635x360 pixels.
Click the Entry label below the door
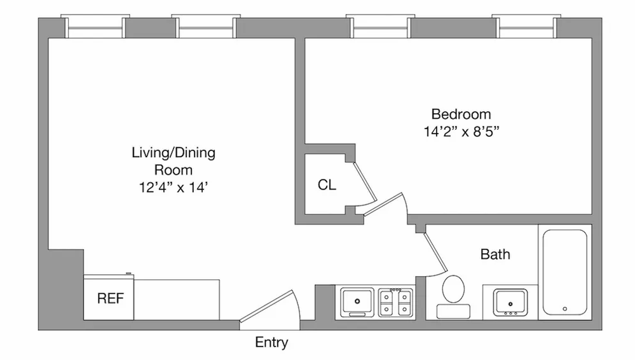[271, 343]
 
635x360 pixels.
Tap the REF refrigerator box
[109, 298]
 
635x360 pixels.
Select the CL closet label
[327, 185]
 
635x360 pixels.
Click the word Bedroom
[461, 114]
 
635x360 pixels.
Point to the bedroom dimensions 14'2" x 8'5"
[461, 133]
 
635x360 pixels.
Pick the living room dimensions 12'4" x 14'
[174, 188]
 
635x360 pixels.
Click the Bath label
[495, 254]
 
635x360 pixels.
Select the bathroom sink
[510, 301]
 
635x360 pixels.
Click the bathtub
[564, 272]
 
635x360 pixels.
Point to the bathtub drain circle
[564, 309]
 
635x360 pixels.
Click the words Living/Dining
[174, 153]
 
